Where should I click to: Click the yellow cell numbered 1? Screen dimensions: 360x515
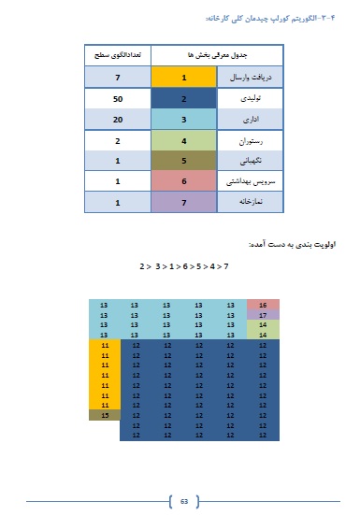click(184, 79)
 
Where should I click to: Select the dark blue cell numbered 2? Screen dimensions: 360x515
click(184, 99)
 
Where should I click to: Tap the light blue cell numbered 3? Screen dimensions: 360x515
click(184, 120)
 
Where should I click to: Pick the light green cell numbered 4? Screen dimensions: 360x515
click(184, 140)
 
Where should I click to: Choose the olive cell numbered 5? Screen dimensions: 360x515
click(184, 160)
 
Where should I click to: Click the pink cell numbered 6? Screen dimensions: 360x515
click(184, 180)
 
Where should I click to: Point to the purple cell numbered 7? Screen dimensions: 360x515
click(184, 201)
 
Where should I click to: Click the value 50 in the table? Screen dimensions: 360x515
click(118, 99)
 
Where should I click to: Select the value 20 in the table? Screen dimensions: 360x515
click(118, 120)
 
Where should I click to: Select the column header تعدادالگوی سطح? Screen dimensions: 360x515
click(118, 56)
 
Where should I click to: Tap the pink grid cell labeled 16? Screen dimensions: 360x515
click(263, 306)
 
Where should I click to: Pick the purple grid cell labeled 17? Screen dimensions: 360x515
click(263, 315)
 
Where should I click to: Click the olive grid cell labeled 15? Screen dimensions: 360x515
click(105, 414)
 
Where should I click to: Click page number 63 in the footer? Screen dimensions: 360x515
click(184, 502)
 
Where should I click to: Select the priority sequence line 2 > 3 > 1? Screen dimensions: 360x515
click(183, 266)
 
